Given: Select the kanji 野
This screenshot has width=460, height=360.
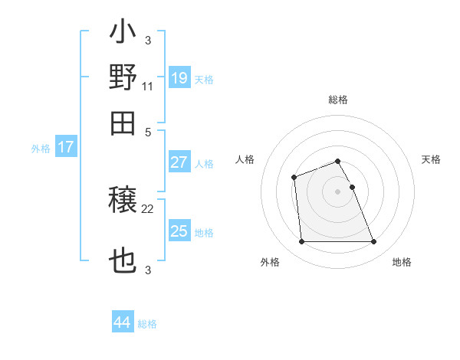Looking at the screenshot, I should click(x=123, y=77).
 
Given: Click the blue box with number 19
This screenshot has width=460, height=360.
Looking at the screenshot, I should click(x=179, y=78).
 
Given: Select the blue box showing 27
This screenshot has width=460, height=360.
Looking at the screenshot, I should click(x=179, y=162).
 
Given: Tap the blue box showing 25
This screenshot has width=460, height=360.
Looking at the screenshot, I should click(x=179, y=231).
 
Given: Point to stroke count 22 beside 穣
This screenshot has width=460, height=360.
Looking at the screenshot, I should click(x=148, y=208).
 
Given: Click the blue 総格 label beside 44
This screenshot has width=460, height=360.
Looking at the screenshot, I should click(x=147, y=324).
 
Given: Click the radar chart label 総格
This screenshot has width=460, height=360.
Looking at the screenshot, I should click(x=338, y=100).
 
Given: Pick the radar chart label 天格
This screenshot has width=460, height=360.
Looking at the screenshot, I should click(x=431, y=159).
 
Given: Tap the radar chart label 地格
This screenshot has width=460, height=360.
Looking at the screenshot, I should click(x=402, y=263).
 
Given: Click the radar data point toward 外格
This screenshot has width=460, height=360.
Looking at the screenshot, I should click(x=302, y=242).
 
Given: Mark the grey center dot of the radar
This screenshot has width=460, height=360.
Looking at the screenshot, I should click(x=338, y=191).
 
